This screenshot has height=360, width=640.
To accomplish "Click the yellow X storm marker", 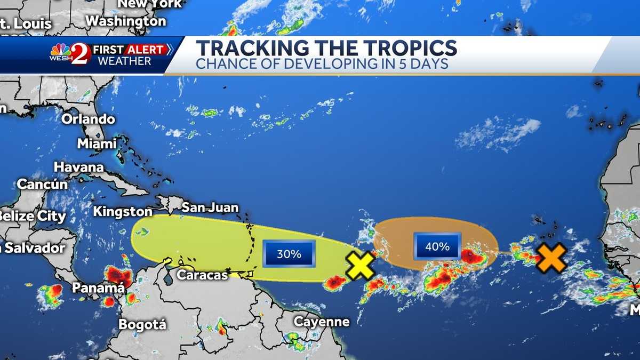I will [361, 265].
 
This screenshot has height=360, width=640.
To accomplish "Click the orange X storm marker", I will [551, 258].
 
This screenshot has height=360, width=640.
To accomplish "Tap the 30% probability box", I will [289, 254].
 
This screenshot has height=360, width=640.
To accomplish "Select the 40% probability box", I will [437, 246].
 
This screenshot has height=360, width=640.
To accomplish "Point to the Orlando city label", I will [88, 119].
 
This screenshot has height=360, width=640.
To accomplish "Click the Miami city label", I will [97, 143].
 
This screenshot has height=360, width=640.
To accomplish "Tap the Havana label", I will [78, 167].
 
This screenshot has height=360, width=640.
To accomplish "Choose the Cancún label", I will [43, 185].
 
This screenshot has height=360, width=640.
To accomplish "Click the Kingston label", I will [123, 212].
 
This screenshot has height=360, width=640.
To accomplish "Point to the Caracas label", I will [202, 275].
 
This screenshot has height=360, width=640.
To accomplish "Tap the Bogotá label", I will [142, 324].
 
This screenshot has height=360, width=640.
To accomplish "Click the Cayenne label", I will [322, 322].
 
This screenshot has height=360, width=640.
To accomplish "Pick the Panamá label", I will [99, 288].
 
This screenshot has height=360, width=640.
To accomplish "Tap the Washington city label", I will [126, 21].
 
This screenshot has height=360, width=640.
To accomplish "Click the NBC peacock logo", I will [60, 51].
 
